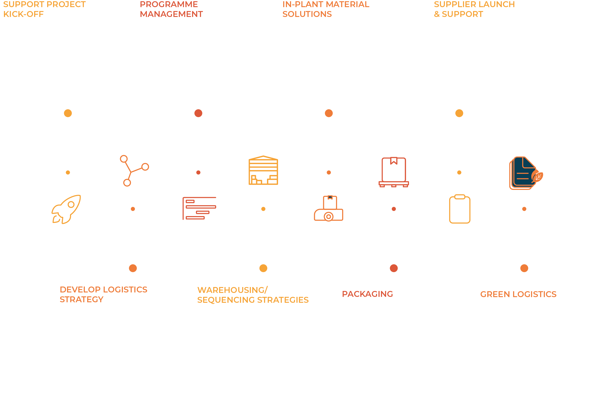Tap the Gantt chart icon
click(199, 208)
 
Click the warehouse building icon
click(263, 171)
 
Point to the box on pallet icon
click(393, 172)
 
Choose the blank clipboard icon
click(460, 209)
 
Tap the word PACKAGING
click(367, 294)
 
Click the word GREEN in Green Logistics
click(495, 294)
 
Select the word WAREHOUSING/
click(232, 290)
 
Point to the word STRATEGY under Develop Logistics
click(82, 299)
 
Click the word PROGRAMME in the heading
click(169, 4)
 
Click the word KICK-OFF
click(23, 14)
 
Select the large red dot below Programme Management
click(198, 113)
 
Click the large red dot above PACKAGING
click(394, 268)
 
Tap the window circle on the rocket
click(71, 205)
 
